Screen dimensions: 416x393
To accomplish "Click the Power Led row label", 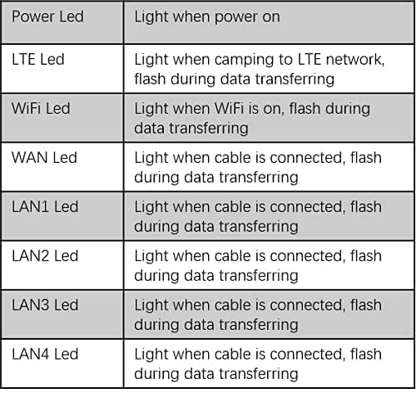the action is (47, 17).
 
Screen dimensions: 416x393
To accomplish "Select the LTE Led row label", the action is (38, 59).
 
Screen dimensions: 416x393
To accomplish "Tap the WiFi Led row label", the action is (41, 108).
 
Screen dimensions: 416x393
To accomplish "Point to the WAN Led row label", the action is (44, 158).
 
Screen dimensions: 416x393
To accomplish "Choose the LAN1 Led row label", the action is (45, 207).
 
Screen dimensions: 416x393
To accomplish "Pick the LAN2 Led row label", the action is (45, 256).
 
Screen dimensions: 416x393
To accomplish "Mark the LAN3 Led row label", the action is (45, 305).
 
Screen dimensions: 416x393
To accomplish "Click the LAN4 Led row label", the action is (45, 354).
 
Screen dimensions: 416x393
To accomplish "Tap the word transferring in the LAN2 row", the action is (259, 276).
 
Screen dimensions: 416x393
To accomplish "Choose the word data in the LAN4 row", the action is (199, 374).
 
